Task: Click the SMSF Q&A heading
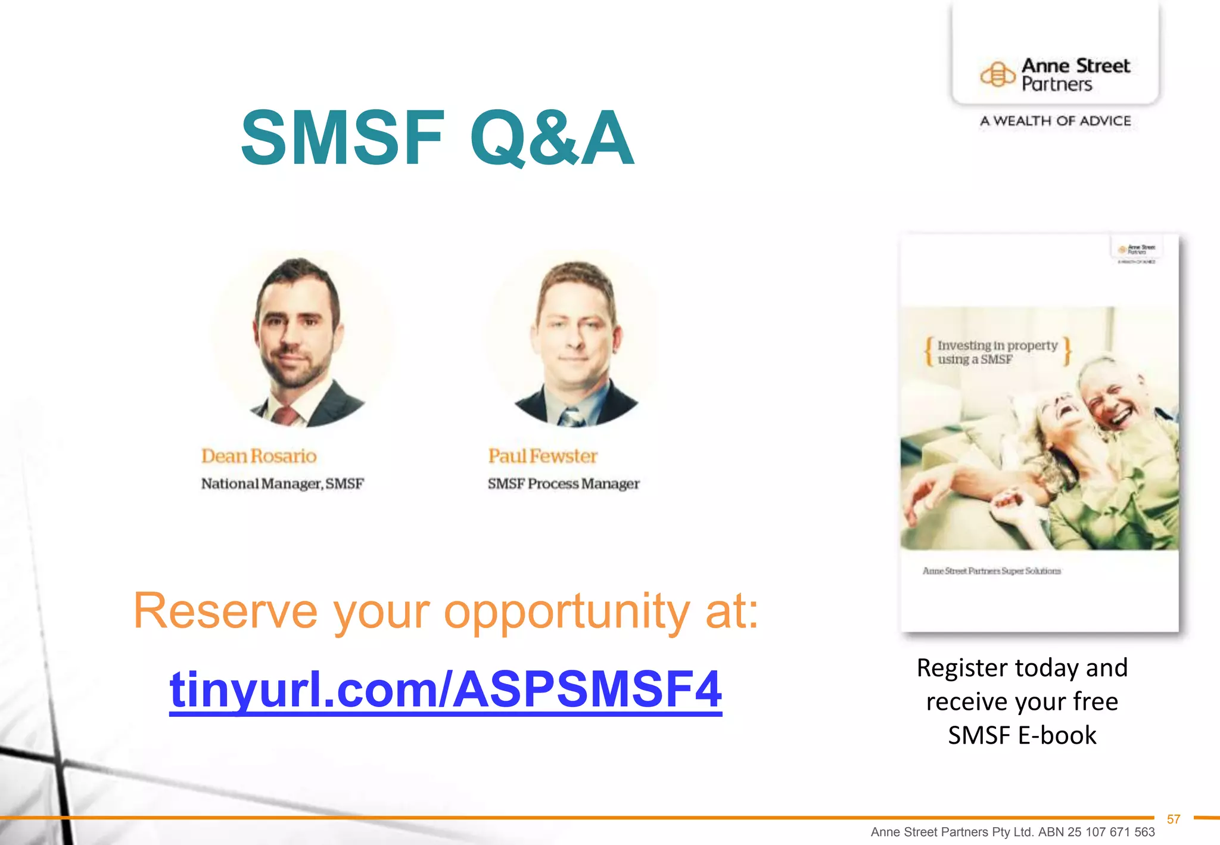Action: click(x=437, y=138)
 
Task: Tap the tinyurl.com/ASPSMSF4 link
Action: click(x=446, y=689)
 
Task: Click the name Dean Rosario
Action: click(x=259, y=456)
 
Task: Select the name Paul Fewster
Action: click(x=543, y=456)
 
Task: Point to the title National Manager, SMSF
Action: click(x=282, y=484)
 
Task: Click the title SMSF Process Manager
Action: click(x=563, y=484)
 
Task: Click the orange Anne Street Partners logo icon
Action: click(x=998, y=75)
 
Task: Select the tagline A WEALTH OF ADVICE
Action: click(x=1056, y=121)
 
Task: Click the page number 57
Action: click(x=1174, y=819)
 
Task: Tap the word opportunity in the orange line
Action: click(x=567, y=612)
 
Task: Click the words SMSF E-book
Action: click(x=1022, y=735)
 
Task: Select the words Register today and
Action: click(x=1022, y=668)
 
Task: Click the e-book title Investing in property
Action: click(x=997, y=346)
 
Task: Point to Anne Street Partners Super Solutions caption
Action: click(x=991, y=571)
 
